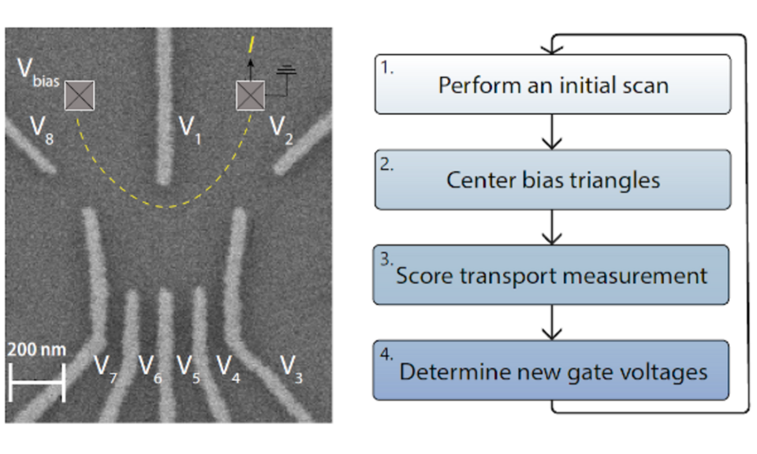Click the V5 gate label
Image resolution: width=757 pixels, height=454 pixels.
pyautogui.click(x=188, y=367)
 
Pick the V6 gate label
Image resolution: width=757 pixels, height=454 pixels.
pyautogui.click(x=150, y=367)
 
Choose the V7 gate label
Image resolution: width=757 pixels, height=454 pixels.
pyautogui.click(x=105, y=367)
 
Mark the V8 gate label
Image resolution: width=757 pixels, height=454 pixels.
pyautogui.click(x=41, y=128)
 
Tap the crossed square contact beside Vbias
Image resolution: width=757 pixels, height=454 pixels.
pyautogui.click(x=79, y=95)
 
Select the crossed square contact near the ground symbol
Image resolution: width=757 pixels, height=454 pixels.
pyautogui.click(x=252, y=96)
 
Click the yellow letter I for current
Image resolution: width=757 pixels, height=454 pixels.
pyautogui.click(x=251, y=44)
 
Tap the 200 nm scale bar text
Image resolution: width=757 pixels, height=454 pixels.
pyautogui.click(x=36, y=349)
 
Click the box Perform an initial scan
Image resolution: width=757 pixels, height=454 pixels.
pyautogui.click(x=552, y=84)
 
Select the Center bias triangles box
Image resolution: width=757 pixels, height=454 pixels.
pyautogui.click(x=552, y=180)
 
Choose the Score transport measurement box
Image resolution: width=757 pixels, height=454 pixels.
pyautogui.click(x=552, y=275)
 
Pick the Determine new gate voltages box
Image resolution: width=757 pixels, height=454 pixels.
pyautogui.click(x=552, y=370)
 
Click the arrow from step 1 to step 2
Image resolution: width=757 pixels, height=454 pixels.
pyautogui.click(x=552, y=132)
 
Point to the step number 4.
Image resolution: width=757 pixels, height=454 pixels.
pyautogui.click(x=386, y=353)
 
